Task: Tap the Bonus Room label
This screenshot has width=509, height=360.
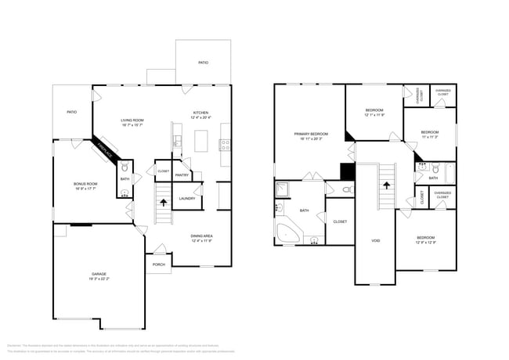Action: pyautogui.click(x=85, y=185)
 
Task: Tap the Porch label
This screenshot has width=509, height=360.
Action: pyautogui.click(x=158, y=265)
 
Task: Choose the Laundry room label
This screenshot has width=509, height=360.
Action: pyautogui.click(x=186, y=198)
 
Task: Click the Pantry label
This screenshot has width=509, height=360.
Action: pyautogui.click(x=182, y=175)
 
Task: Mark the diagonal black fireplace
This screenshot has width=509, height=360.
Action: pyautogui.click(x=105, y=149)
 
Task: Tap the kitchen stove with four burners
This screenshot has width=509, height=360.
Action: pyautogui.click(x=226, y=144)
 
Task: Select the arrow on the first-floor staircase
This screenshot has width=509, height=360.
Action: pyautogui.click(x=163, y=202)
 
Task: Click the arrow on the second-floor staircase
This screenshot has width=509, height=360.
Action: pyautogui.click(x=385, y=185)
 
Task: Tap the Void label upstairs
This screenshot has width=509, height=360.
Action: pyautogui.click(x=375, y=241)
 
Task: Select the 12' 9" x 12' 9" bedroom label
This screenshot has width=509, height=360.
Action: pyautogui.click(x=426, y=239)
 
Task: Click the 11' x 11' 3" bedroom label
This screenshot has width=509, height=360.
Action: pyautogui.click(x=429, y=135)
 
